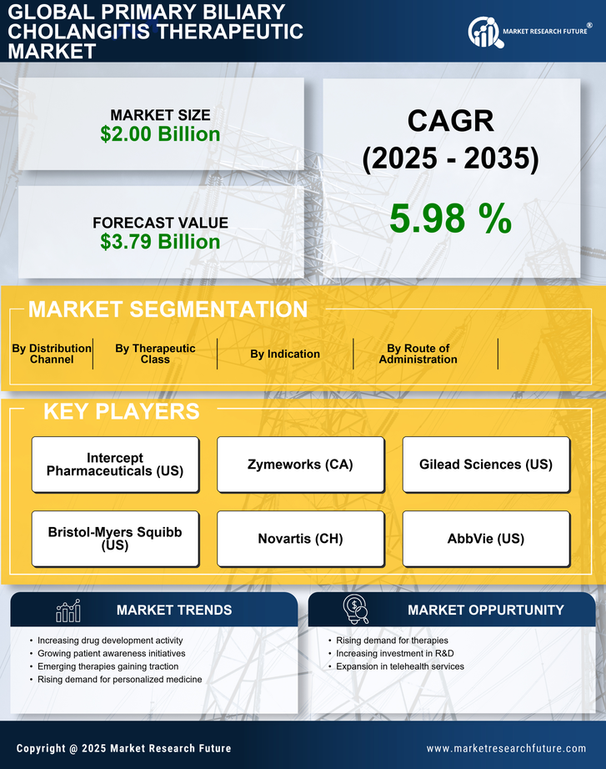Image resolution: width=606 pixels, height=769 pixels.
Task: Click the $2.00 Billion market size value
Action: click(160, 134)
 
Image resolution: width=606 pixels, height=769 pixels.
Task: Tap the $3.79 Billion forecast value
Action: click(160, 242)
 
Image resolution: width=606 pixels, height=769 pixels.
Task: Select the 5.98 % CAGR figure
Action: click(450, 219)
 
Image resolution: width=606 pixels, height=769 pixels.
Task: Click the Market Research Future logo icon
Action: click(483, 32)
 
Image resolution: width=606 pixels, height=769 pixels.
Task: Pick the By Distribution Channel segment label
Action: click(52, 354)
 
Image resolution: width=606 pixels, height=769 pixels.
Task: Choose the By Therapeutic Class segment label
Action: click(155, 354)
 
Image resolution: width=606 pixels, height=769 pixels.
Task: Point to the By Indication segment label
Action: click(285, 354)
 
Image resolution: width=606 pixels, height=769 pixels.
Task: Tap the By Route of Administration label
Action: click(418, 354)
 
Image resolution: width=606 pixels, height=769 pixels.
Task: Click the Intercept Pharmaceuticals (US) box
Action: click(115, 465)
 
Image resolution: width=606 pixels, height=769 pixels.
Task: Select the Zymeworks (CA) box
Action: click(300, 465)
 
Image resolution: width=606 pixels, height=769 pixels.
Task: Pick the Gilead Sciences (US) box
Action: click(486, 465)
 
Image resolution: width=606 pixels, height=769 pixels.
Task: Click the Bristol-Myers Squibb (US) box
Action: click(115, 539)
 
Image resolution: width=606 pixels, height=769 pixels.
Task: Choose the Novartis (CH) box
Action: click(300, 539)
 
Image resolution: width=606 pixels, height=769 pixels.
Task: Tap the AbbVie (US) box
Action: click(486, 539)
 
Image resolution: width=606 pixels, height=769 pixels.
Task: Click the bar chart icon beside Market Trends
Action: click(68, 611)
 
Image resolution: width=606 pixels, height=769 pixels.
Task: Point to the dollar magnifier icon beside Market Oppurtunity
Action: click(355, 610)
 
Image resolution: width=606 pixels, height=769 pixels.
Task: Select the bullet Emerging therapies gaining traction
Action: click(108, 666)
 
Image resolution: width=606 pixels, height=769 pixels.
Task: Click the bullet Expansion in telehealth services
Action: click(400, 666)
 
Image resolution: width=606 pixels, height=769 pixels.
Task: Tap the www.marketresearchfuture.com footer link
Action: click(506, 748)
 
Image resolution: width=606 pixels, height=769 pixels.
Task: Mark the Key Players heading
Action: click(121, 411)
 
